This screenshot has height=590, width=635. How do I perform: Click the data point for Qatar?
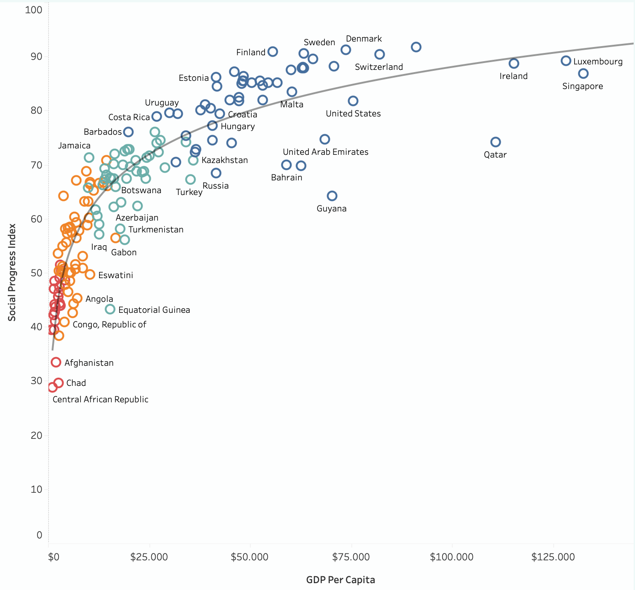click(496, 142)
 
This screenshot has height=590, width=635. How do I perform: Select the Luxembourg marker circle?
click(566, 61)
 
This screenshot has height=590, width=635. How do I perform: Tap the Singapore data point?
click(583, 74)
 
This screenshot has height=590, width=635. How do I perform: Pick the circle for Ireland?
click(514, 63)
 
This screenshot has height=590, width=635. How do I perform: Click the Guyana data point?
click(332, 196)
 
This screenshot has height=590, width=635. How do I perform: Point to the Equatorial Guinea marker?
click(110, 309)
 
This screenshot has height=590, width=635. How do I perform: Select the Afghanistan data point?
click(56, 362)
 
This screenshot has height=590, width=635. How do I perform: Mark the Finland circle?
click(273, 52)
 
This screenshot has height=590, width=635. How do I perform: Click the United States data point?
click(353, 101)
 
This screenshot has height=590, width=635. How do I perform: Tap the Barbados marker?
click(128, 132)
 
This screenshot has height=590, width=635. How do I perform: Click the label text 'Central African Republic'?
click(101, 400)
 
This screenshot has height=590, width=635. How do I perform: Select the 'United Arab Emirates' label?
click(326, 152)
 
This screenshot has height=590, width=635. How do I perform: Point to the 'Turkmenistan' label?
click(156, 230)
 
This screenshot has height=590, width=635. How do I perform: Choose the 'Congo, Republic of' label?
click(110, 325)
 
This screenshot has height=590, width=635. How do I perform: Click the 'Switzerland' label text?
click(379, 67)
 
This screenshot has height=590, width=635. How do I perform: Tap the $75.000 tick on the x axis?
click(351, 557)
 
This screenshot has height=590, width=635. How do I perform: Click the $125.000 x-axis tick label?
click(553, 557)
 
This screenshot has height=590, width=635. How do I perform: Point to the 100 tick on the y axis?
click(34, 10)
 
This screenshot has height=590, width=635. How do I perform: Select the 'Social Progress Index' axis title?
click(12, 272)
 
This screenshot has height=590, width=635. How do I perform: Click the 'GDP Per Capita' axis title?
click(340, 580)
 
